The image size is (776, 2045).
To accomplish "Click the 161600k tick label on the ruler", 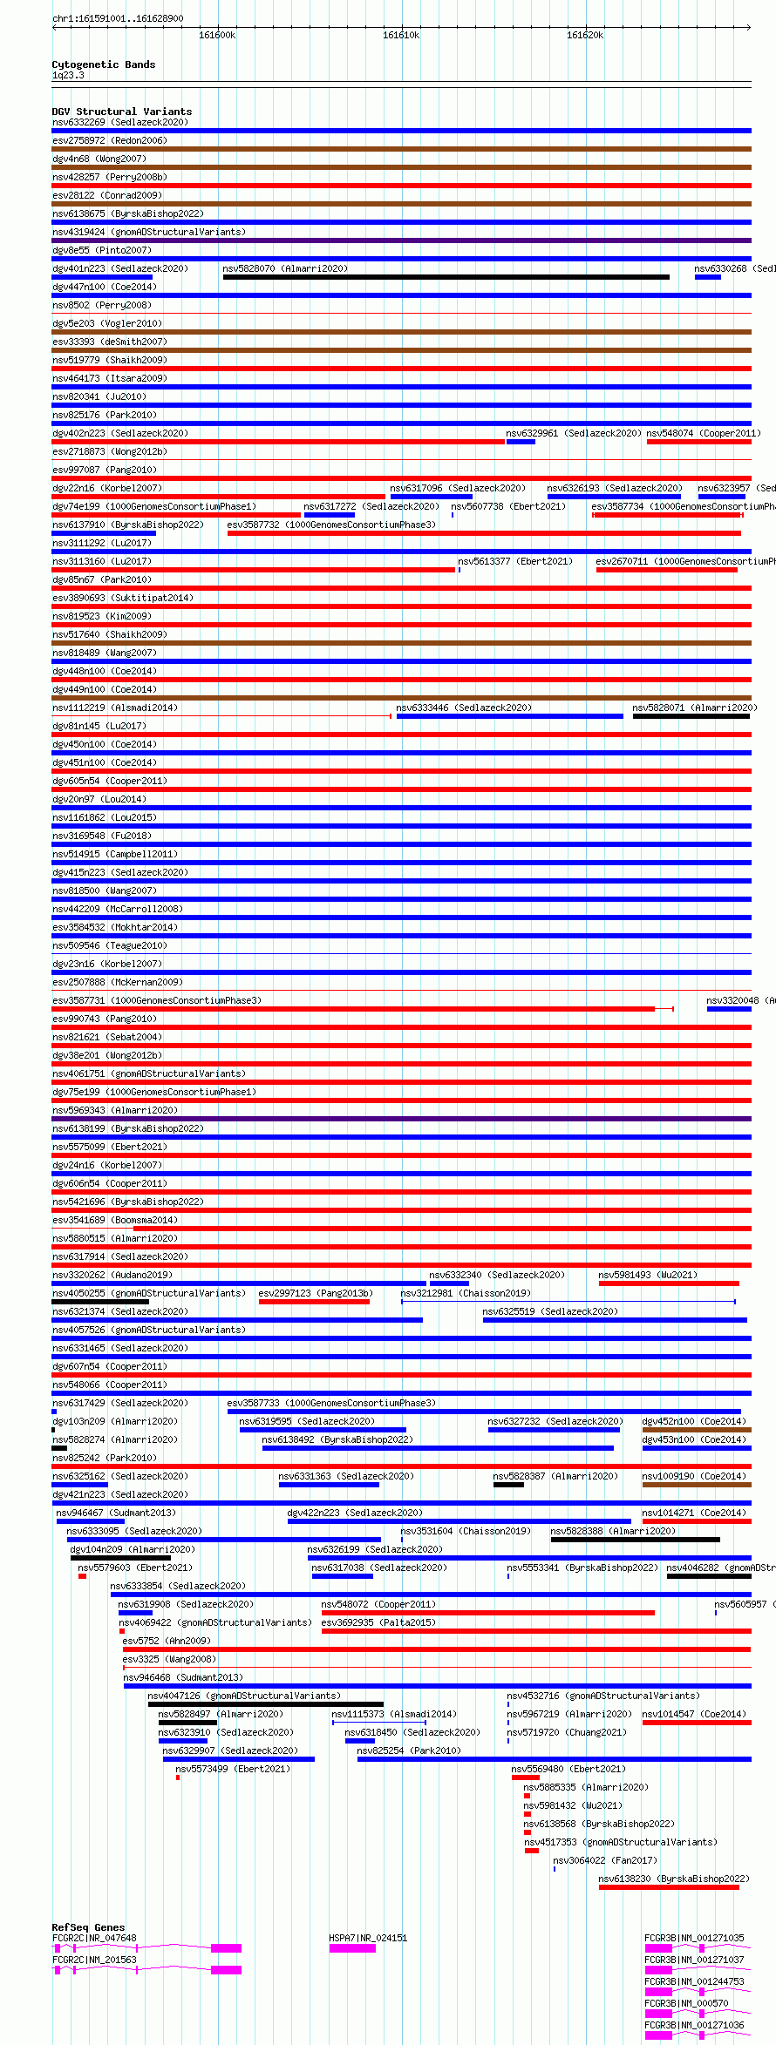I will coord(217,36).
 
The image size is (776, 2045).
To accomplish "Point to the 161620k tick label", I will coord(585,36).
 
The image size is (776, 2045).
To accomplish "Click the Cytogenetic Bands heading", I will coord(104,64).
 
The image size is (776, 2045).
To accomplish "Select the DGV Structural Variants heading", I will coord(122,112).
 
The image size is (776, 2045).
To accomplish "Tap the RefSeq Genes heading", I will coord(88,1927).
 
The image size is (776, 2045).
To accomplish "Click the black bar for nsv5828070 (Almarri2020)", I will coord(446,277).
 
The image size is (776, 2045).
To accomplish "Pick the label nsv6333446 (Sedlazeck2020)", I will coord(464,708).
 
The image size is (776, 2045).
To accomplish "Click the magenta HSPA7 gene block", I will coord(352,1948).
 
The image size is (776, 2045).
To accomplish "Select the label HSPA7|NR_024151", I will coord(368,1938).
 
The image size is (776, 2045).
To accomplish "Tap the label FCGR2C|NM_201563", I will coord(94,1960).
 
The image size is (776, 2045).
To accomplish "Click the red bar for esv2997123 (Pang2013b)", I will coord(314,1302).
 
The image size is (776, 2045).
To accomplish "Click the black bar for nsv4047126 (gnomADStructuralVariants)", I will coord(265,1704).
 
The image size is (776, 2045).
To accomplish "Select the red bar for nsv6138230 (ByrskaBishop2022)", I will coord(669,1887).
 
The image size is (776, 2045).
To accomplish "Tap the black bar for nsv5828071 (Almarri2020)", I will coord(691,716).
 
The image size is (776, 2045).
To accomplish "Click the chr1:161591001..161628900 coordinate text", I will coord(118,18).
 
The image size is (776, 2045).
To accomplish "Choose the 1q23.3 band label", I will coord(68,76).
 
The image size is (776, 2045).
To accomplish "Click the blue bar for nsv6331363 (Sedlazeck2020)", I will coord(329,1485).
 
